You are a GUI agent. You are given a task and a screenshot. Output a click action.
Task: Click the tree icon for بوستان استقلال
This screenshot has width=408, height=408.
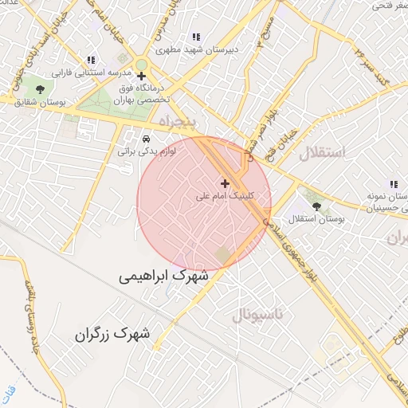click(317, 206)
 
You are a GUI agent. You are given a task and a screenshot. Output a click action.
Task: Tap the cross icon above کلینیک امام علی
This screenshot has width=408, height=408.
click(225, 183)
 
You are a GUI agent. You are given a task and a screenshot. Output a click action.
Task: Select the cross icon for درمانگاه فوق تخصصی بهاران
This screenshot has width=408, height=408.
click(141, 77)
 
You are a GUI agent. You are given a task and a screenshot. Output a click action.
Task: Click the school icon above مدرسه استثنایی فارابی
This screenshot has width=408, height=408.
click(91, 60)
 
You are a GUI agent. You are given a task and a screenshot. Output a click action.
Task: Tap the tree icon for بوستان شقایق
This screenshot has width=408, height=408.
click(41, 89)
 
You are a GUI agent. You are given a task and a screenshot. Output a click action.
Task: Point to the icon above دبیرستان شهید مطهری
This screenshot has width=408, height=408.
click(196, 37)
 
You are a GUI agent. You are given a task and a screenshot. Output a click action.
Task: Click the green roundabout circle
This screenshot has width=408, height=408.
click(141, 65)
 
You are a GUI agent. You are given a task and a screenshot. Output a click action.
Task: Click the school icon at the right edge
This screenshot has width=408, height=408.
click(393, 184)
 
